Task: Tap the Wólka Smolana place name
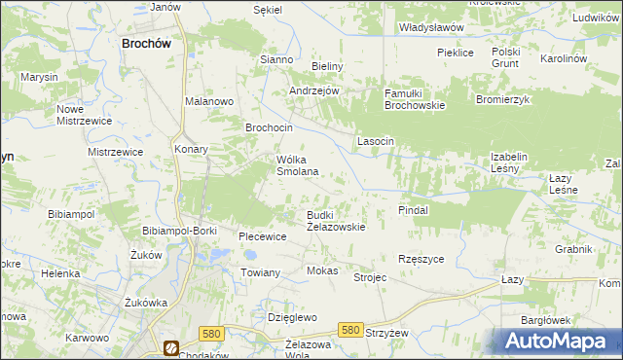point(299,165)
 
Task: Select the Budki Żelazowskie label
point(336,220)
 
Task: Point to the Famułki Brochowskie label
point(414,98)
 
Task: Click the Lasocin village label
point(376,141)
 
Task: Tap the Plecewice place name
point(263,236)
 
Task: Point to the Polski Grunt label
point(506,57)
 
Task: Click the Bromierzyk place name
point(501,99)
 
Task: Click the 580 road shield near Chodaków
point(210,334)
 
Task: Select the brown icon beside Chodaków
point(171,346)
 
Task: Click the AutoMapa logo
point(559,342)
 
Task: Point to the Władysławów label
point(431,28)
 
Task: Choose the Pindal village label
point(414,209)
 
